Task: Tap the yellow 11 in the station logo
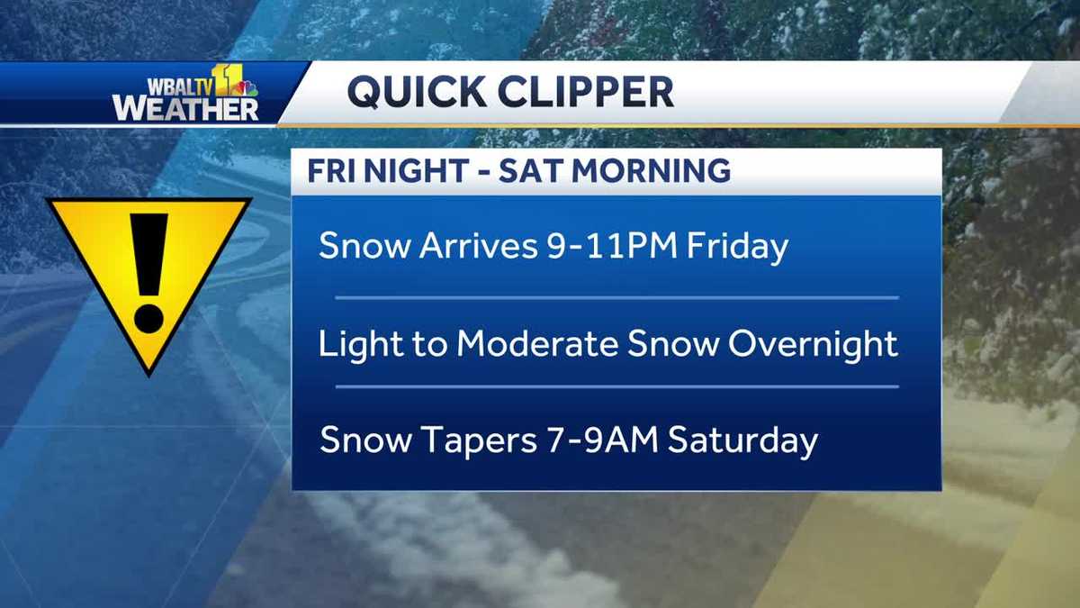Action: (229, 80)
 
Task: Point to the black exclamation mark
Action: (148, 270)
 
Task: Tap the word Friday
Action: (737, 247)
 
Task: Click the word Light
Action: (355, 344)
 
